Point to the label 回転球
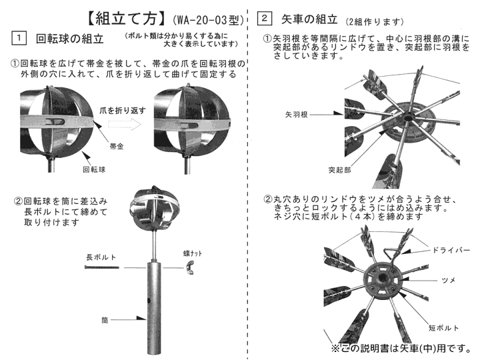coord(94,170)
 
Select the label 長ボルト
coord(99,256)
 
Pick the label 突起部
coord(340,170)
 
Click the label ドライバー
coord(452,249)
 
